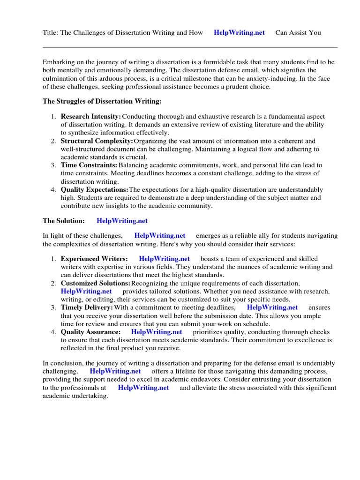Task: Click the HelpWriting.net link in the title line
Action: (x=239, y=32)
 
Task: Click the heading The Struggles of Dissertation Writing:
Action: (x=102, y=101)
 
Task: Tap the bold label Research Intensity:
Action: (x=91, y=116)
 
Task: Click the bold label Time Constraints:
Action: (x=89, y=165)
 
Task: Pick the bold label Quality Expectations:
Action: (x=95, y=189)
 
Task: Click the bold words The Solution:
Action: (x=64, y=220)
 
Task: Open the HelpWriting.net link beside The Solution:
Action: (x=122, y=220)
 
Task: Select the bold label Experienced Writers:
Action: (x=94, y=258)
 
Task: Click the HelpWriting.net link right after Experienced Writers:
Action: (x=165, y=258)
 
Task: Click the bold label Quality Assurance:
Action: (x=90, y=331)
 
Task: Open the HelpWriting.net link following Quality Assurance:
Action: (x=157, y=331)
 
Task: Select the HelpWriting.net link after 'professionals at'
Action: (x=143, y=388)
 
